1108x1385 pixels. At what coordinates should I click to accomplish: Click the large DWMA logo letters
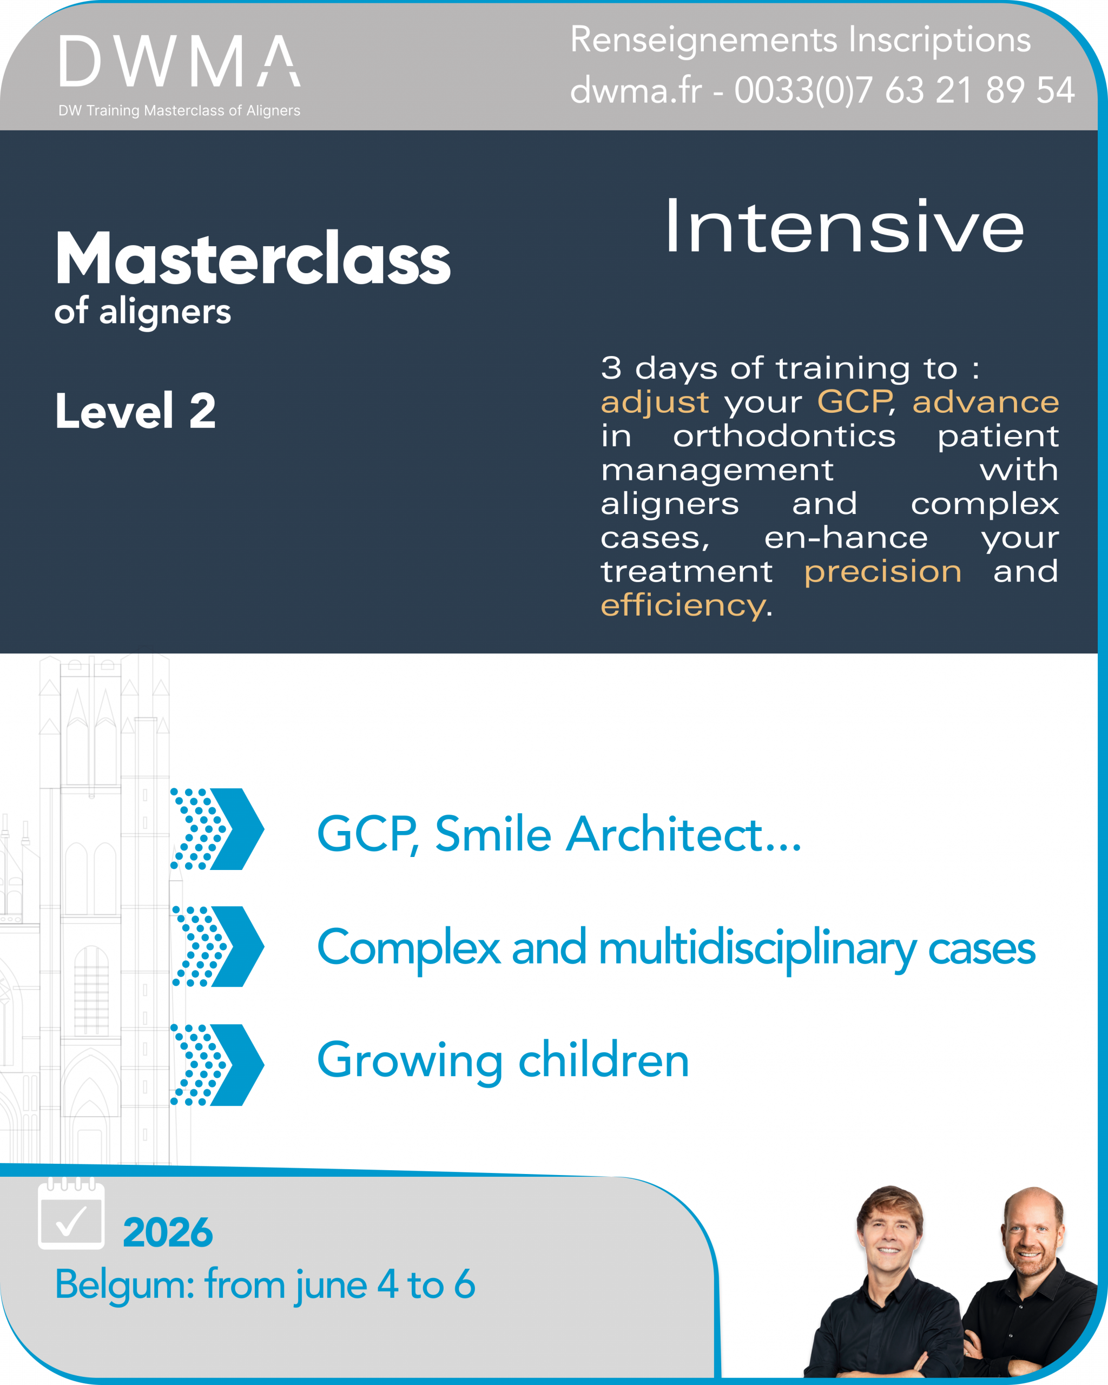coord(180,61)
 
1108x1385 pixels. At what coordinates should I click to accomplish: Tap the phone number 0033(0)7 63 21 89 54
coord(905,90)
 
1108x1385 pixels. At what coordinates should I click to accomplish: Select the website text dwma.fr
coord(636,90)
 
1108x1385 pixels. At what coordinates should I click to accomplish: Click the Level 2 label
coord(135,411)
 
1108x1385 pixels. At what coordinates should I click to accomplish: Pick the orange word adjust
coord(655,402)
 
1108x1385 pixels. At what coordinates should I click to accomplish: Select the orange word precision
coord(883,571)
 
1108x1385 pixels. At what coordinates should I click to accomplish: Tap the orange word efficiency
coord(683,605)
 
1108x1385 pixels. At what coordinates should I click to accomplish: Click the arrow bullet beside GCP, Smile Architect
coord(217,829)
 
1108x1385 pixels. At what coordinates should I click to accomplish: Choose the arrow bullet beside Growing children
coord(217,1065)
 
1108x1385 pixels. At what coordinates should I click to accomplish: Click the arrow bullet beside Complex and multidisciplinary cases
coord(217,947)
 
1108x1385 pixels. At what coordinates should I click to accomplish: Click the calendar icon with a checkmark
coord(71,1213)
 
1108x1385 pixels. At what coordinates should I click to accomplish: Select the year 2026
coord(168,1232)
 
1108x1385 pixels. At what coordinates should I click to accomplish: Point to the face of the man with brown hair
coord(889,1227)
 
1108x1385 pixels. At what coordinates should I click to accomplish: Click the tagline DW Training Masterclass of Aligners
coord(179,110)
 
